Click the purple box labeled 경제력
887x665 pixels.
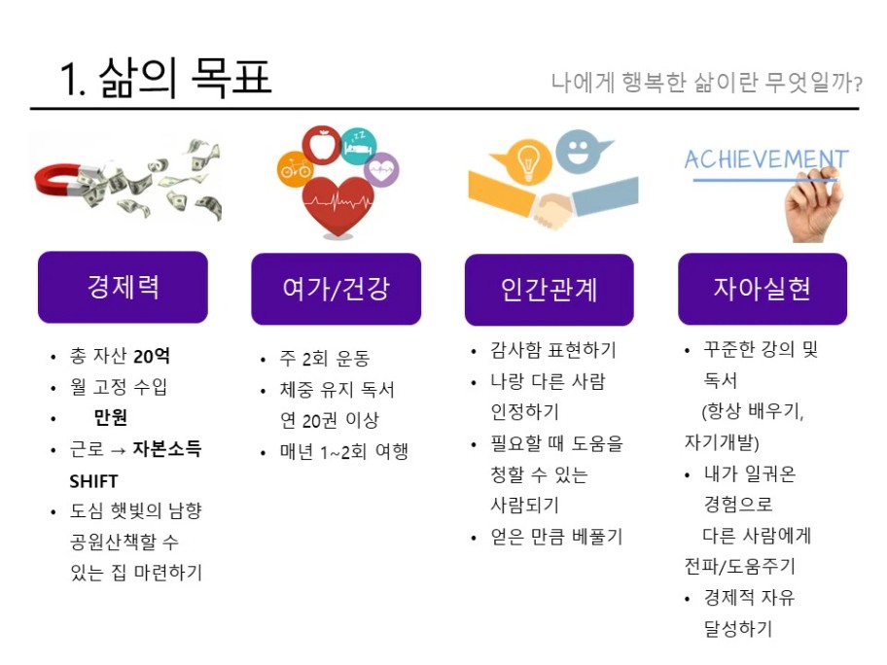[123, 287]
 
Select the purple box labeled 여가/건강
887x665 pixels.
[336, 289]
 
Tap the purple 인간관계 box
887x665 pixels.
[550, 290]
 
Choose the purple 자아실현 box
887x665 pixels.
[763, 289]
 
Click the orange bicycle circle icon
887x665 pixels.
[295, 168]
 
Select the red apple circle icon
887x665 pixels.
[321, 145]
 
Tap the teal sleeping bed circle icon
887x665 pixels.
[359, 147]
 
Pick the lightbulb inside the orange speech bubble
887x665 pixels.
[528, 161]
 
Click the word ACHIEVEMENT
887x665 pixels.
[766, 159]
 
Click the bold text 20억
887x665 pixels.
[151, 356]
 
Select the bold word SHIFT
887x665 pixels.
[93, 481]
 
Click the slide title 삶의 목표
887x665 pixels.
[186, 78]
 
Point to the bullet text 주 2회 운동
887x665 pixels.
[325, 358]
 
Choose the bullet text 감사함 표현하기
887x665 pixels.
[553, 350]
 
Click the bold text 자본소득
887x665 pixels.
[167, 449]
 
